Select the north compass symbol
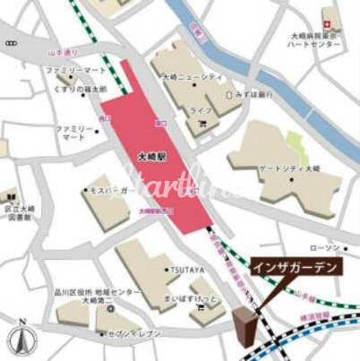[19, 340]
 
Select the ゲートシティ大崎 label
[291, 171]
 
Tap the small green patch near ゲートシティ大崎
[295, 143]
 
